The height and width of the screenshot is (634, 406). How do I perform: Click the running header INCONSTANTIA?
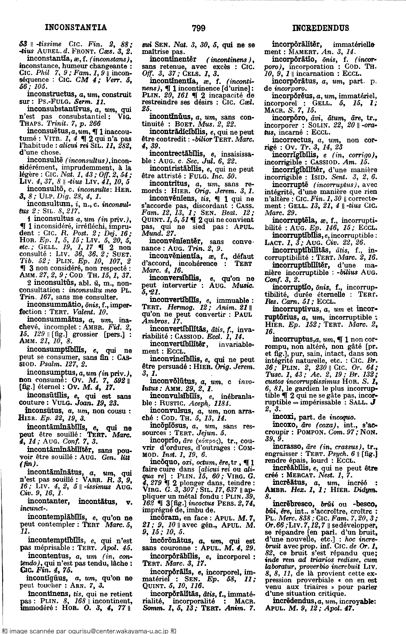click(x=76, y=27)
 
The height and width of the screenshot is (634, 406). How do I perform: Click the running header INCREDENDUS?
click(x=321, y=28)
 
